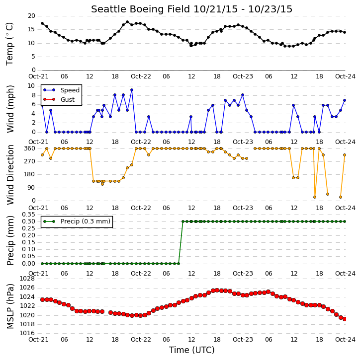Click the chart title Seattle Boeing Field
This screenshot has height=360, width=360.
[140, 9]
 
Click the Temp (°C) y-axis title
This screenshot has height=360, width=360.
[9, 44]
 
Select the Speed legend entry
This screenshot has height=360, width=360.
[61, 90]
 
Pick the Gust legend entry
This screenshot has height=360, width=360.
[59, 100]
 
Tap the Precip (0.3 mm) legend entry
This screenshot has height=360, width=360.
[77, 221]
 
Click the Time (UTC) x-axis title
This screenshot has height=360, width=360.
[192, 350]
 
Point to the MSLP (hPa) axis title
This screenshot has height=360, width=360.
[10, 306]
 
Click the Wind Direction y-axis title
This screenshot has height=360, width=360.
[10, 175]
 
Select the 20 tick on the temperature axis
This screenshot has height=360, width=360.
[31, 16]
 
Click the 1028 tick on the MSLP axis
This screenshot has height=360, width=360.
[27, 279]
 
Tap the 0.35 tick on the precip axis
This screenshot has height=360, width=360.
[28, 215]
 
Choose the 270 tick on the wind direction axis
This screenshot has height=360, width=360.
[29, 161]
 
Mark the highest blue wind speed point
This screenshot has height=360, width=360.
[132, 90]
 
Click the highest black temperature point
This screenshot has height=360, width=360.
[127, 22]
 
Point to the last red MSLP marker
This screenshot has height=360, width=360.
[345, 319]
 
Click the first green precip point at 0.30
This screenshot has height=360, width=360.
[183, 221]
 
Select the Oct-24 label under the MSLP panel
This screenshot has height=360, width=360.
[345, 339]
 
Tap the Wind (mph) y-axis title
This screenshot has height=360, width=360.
[10, 109]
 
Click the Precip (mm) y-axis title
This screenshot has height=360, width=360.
[10, 241]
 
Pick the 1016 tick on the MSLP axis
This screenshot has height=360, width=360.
[27, 333]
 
